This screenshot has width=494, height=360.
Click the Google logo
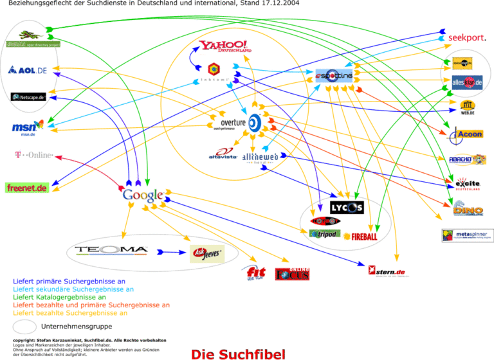143,195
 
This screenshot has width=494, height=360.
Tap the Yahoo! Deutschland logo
225,46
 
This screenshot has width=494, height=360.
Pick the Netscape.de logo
28,97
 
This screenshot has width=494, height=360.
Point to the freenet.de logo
27,188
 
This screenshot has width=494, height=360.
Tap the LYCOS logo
347,207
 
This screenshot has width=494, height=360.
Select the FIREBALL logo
361,236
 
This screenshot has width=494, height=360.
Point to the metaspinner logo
467,235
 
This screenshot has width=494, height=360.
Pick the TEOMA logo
111,250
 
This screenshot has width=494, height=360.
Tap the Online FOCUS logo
293,274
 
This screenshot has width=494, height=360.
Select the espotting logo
334,75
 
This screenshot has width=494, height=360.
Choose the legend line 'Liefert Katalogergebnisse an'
59,298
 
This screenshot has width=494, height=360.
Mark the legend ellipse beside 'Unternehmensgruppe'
25,327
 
